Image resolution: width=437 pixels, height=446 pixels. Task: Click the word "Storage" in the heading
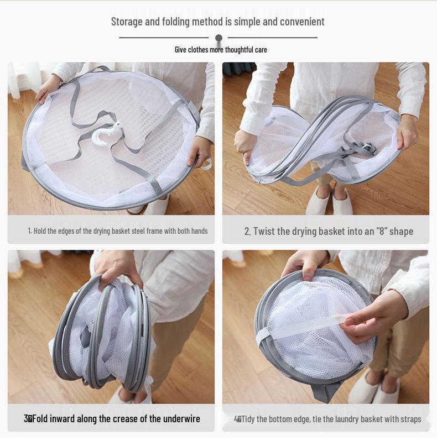[127, 22]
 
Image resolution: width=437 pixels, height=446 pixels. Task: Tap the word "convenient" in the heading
[301, 22]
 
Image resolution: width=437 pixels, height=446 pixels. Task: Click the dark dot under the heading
[218, 38]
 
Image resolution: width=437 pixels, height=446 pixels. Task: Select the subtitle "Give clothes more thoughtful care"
[221, 50]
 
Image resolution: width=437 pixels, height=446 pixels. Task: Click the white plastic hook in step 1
[105, 134]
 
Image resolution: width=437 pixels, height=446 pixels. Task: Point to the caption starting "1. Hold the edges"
[118, 231]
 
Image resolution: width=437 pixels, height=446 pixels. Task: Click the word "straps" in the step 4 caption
[410, 419]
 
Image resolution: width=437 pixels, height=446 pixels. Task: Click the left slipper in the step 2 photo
[318, 201]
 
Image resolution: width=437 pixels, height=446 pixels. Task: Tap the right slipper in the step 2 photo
[342, 201]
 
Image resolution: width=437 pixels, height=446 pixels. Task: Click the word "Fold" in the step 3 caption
[40, 419]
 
